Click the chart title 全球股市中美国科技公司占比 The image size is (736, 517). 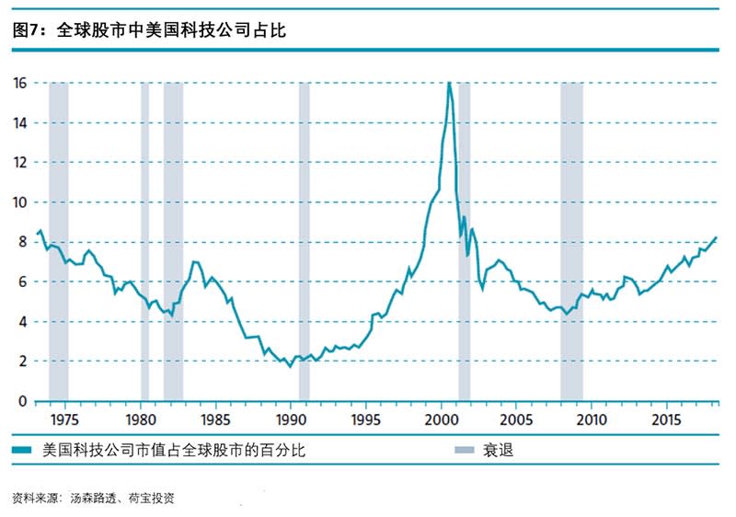coord(171,30)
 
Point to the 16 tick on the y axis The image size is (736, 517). coord(19,83)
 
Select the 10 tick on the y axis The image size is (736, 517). coord(19,202)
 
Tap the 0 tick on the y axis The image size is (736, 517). coord(22,401)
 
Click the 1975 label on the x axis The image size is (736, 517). coord(64,419)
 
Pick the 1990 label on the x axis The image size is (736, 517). coord(291,419)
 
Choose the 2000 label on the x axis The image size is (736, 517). coord(442,419)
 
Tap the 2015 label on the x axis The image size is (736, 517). coord(666,419)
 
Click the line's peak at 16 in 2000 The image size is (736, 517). coord(449,83)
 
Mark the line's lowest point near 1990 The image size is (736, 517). coord(290,366)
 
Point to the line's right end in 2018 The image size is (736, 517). coord(717,237)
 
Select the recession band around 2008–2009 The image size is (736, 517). coord(571,242)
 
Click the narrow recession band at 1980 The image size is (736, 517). coord(145,242)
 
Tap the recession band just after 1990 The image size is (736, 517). coord(305,242)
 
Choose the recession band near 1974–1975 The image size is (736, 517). coord(59,242)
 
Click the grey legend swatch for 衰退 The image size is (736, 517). coord(465,450)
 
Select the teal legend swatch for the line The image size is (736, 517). coord(22,450)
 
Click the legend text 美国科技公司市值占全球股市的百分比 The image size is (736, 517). coord(174,451)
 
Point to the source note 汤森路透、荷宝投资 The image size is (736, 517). coord(122,498)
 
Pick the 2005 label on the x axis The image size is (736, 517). coord(516,419)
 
